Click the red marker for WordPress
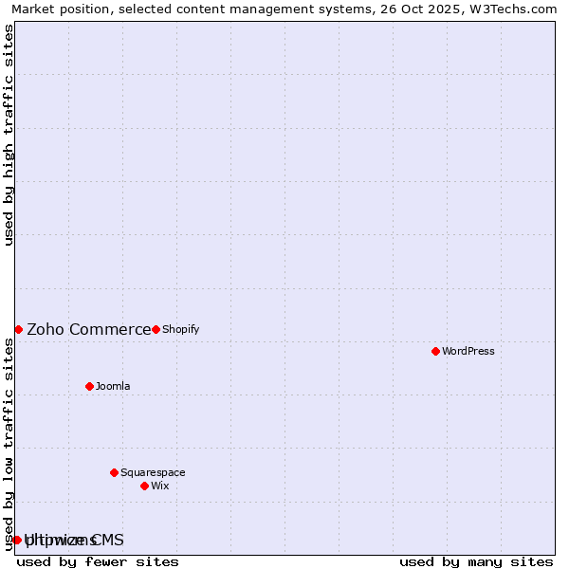click(x=435, y=351)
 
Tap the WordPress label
click(x=468, y=351)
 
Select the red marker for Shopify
click(x=156, y=329)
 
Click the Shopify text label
click(x=180, y=329)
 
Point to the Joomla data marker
click(x=89, y=386)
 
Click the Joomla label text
click(x=113, y=386)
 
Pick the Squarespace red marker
click(x=114, y=472)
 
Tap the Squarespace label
click(x=153, y=472)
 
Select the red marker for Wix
click(x=144, y=486)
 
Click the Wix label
click(x=159, y=486)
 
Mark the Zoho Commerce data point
click(x=18, y=329)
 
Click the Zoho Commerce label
click(x=88, y=329)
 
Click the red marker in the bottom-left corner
click(x=17, y=540)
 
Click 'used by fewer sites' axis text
click(x=98, y=561)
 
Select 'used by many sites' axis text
click(x=476, y=561)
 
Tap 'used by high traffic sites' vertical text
click(x=9, y=135)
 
